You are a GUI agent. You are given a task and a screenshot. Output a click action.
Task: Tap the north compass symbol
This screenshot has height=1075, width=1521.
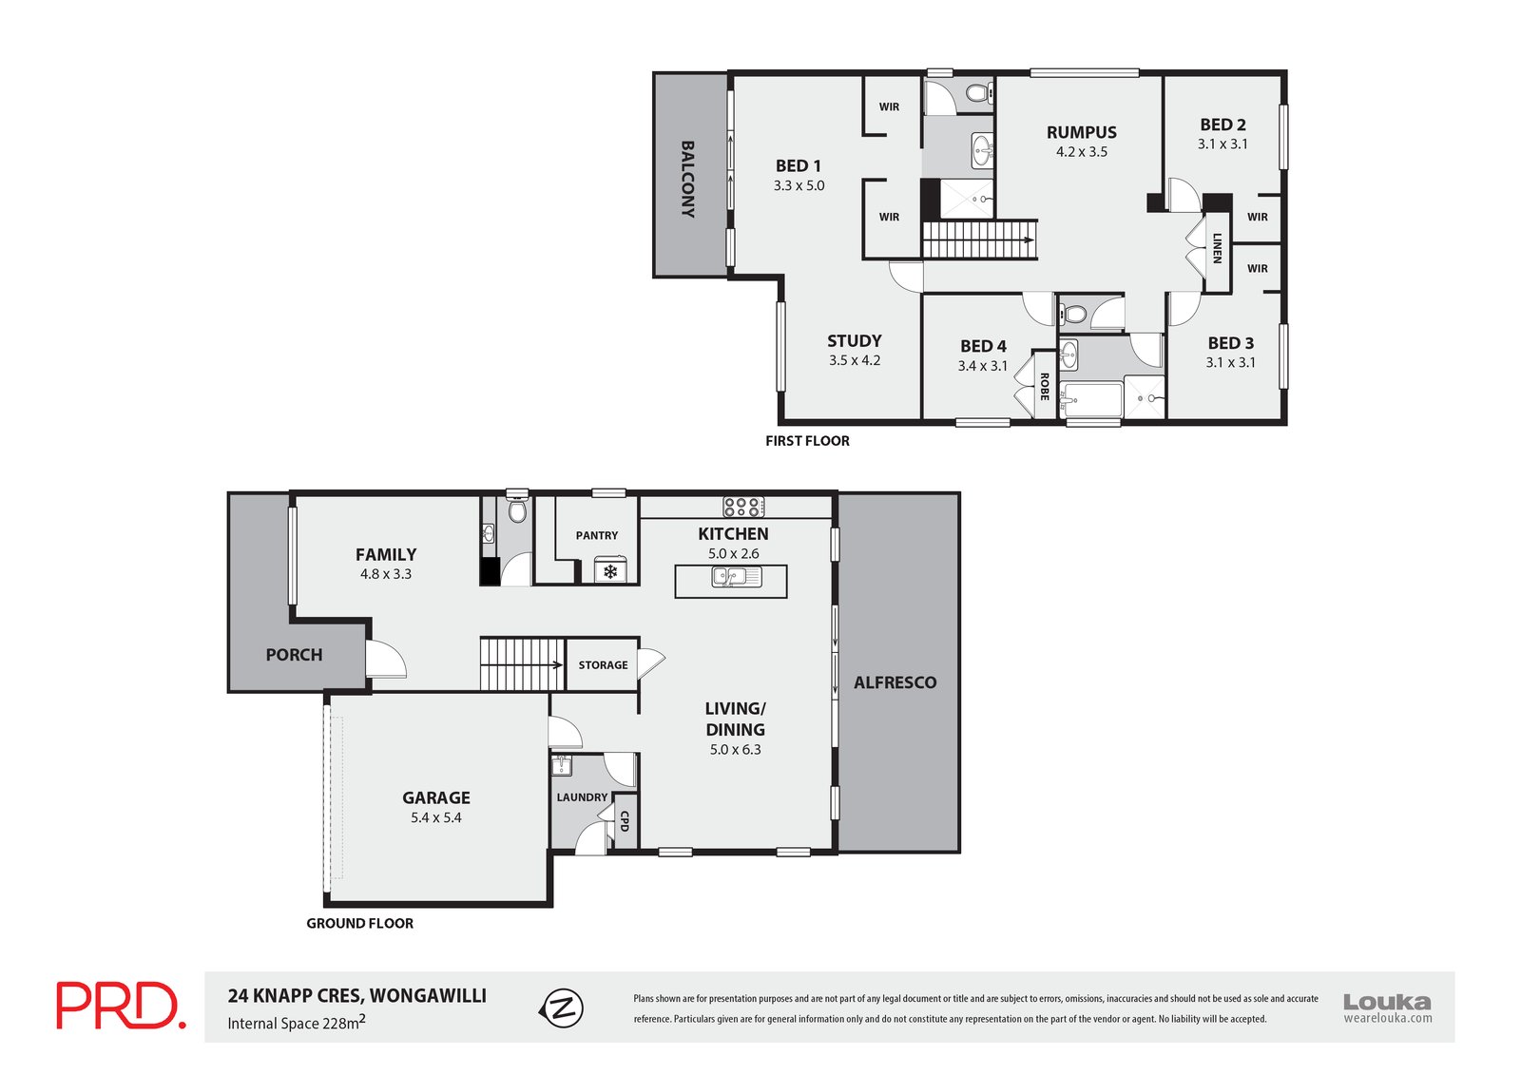[562, 1008]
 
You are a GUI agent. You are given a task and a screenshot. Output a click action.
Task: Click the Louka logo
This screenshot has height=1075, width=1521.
[1387, 1008]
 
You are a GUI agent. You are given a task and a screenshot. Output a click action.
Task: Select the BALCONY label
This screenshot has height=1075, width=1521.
[688, 180]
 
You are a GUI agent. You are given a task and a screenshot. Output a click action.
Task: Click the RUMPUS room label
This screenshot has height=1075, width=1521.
[1081, 132]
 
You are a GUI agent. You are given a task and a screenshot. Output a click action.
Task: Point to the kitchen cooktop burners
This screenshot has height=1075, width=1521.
[742, 508]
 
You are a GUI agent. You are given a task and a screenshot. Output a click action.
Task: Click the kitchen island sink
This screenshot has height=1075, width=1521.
[736, 577]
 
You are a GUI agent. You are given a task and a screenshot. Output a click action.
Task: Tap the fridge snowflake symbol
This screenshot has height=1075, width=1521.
[610, 572]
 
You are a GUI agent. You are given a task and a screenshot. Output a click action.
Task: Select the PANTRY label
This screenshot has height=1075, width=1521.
[597, 535]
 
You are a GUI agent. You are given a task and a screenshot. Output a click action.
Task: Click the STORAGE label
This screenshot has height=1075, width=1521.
[603, 664]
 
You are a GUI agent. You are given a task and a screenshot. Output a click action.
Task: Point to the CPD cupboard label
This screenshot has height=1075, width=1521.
[625, 821]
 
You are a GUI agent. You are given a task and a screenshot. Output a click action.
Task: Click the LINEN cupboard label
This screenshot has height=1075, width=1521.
[1218, 248]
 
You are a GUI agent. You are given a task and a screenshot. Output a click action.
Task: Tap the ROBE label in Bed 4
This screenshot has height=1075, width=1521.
[1045, 387]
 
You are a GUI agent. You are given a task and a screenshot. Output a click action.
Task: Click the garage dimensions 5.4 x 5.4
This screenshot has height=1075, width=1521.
[436, 817]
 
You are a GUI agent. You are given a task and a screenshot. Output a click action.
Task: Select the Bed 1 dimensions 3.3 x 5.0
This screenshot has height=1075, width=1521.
[799, 185]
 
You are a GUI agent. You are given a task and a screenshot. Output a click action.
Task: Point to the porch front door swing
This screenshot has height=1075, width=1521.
[386, 660]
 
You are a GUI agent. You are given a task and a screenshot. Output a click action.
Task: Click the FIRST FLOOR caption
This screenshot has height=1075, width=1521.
[807, 441]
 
